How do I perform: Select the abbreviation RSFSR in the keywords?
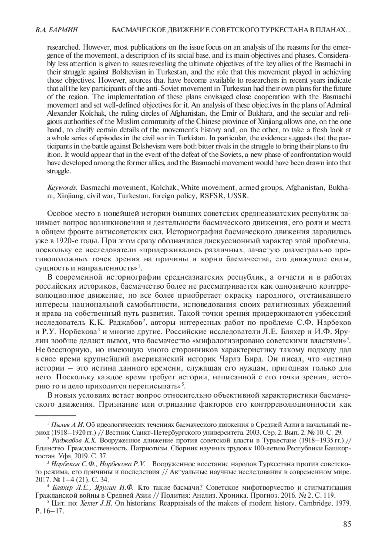coord(215,196)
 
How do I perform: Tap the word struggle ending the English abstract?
coord(59,171)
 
